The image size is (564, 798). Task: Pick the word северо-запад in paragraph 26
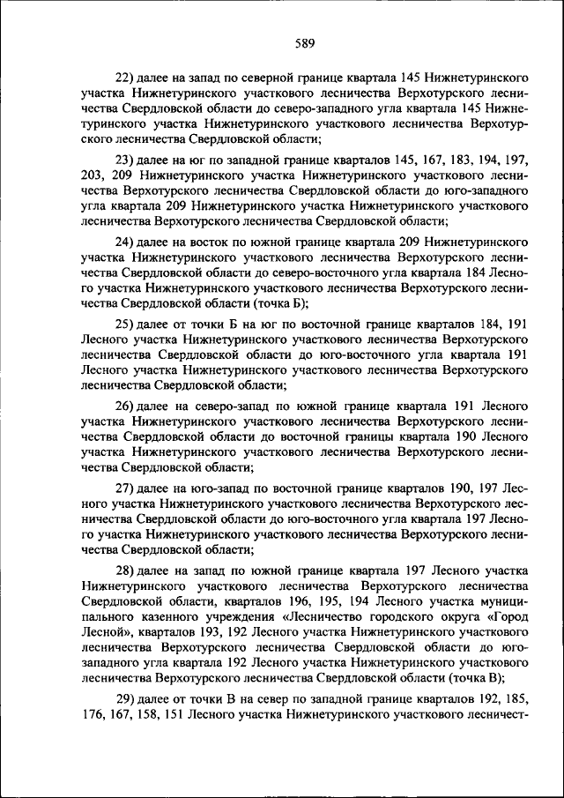[216, 406]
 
